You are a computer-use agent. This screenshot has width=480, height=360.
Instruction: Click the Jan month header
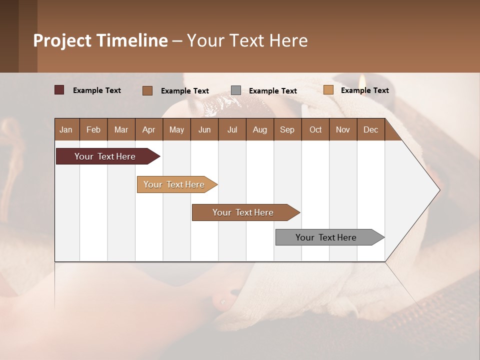pos(66,129)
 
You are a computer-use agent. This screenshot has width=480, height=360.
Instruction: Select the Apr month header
pos(148,129)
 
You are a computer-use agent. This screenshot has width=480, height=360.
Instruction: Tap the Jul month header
pos(232,129)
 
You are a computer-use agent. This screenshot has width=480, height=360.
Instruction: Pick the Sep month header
pos(287,129)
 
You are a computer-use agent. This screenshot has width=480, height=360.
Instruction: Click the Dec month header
pos(370,129)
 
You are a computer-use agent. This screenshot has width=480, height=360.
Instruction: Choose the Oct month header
pos(315,129)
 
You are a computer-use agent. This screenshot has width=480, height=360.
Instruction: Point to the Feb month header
pos(93,129)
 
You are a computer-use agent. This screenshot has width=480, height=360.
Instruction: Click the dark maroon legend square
pos(59,90)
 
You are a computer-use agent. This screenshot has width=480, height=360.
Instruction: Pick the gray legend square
pos(236,90)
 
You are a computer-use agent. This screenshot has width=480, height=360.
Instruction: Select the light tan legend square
pos(328,90)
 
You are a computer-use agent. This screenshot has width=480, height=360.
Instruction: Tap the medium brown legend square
pos(147,90)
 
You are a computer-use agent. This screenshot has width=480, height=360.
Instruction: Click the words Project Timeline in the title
pos(100,40)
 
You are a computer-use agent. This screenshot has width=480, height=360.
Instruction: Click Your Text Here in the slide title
pos(247,40)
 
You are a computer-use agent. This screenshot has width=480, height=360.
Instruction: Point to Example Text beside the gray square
pos(272,91)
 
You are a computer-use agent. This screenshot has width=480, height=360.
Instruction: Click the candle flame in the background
pos(360,78)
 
